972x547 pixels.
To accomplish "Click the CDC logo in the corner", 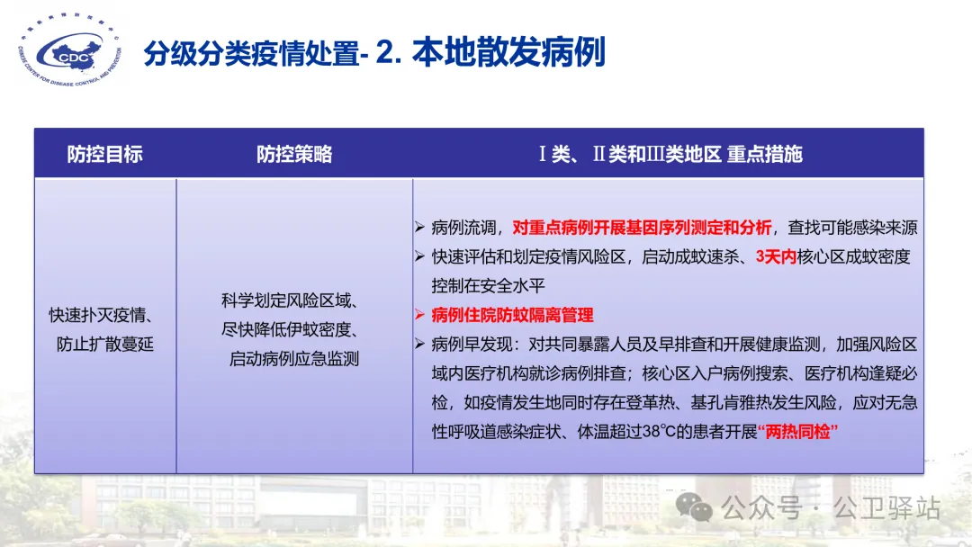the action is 69,49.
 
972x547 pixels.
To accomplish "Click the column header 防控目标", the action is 104,154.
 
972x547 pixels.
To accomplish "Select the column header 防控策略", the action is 294,154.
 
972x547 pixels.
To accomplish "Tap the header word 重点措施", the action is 764,154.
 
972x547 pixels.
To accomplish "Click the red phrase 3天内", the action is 776,256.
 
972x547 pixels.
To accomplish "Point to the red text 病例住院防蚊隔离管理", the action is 513,315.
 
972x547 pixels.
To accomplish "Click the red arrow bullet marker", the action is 419,315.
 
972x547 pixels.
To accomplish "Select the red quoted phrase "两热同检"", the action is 797,431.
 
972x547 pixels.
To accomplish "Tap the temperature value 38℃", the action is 659,431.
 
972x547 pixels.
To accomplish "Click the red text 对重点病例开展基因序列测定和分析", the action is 642,228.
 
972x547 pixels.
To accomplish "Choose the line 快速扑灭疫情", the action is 101,315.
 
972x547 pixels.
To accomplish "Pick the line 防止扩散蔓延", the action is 104,345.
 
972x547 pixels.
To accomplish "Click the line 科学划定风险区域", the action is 290,300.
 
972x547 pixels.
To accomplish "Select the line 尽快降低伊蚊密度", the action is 290,329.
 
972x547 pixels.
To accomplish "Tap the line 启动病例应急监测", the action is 294,359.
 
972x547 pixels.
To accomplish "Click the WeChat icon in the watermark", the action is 694,507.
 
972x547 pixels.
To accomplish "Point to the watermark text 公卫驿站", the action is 886,508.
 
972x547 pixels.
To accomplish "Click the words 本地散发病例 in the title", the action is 508,52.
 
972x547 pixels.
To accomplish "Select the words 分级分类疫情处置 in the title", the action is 252,53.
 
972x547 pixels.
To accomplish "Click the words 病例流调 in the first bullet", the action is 463,228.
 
